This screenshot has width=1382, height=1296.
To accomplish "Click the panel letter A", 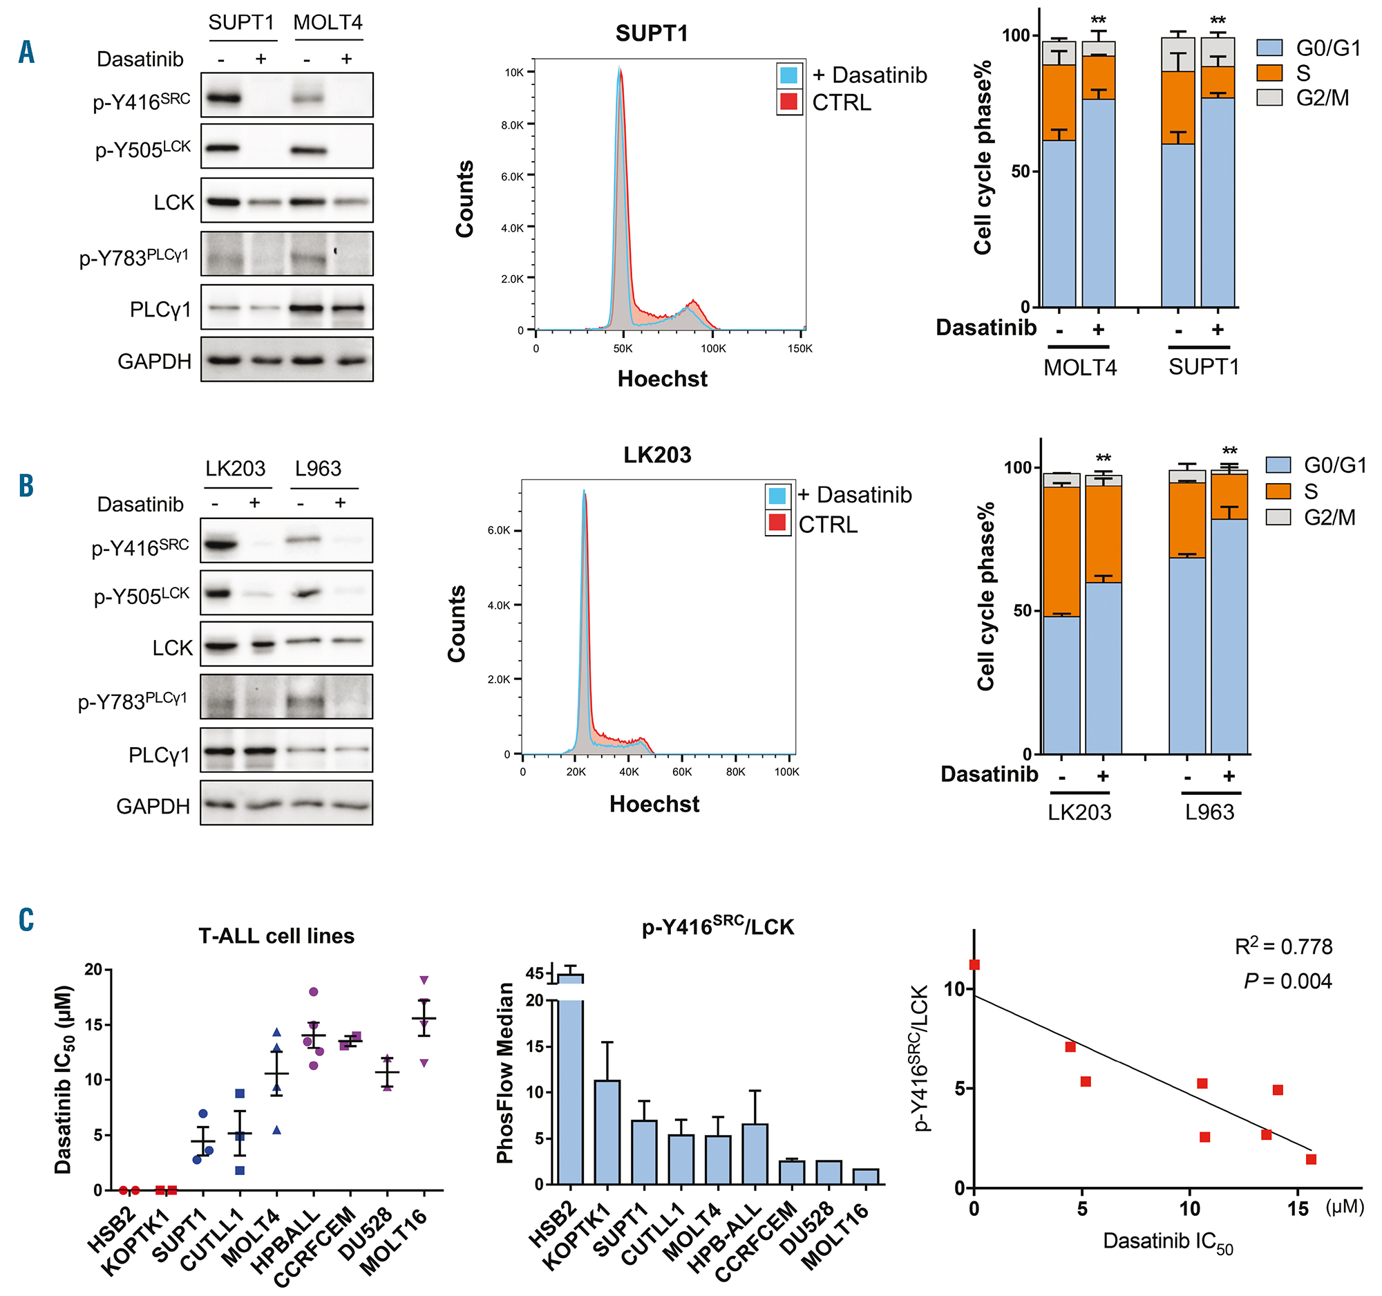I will point(26,52).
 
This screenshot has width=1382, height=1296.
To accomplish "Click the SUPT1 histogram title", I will point(652,33).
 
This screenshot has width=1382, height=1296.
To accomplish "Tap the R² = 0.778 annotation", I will point(1283,946).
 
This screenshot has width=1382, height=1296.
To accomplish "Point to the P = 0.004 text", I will point(1287,981).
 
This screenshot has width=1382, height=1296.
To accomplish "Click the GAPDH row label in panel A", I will point(154,361).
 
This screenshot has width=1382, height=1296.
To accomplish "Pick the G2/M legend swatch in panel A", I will point(1269,98).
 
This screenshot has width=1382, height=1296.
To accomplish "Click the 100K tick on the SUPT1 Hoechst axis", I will point(713,348).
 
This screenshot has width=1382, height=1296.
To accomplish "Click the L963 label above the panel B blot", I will point(318,469).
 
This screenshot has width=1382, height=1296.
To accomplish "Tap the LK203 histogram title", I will point(657,455).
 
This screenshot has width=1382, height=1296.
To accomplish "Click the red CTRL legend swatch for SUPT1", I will point(788,102).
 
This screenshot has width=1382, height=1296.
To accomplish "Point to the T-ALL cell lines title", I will point(276,936).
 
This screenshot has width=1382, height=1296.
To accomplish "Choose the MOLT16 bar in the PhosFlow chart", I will point(866,1176).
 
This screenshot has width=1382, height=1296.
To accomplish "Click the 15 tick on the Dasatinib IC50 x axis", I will point(1297,1209).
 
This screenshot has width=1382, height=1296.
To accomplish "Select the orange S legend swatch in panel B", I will point(1278,491).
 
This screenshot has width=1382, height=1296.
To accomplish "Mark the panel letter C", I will point(26,919).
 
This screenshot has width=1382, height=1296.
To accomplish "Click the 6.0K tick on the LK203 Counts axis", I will point(498,531).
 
